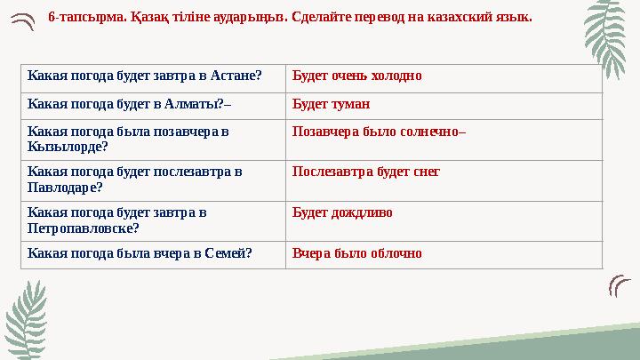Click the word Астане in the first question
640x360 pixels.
tap(240, 76)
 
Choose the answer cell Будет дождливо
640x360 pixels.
tap(342, 213)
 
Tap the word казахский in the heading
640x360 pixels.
tap(441, 17)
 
